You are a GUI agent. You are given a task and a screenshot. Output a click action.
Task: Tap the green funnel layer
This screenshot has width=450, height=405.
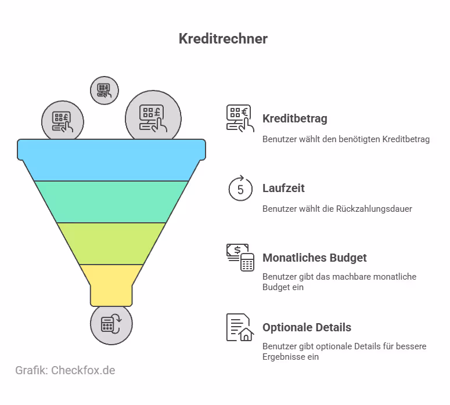click(x=111, y=201)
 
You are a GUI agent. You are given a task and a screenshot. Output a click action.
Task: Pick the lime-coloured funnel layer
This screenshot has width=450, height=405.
click(x=111, y=243)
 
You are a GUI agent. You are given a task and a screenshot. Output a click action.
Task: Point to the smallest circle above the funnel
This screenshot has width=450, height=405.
click(x=105, y=90)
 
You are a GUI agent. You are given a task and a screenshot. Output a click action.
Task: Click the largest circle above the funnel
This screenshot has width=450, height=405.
click(x=153, y=115)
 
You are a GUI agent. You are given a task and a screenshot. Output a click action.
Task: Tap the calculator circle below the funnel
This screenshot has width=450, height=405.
click(x=111, y=324)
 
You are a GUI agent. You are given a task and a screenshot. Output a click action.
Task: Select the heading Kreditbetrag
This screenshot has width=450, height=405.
click(x=294, y=119)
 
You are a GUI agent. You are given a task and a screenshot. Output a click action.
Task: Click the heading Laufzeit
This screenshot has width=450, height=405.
click(x=283, y=189)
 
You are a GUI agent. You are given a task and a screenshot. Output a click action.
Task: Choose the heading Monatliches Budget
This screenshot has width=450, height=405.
click(x=314, y=258)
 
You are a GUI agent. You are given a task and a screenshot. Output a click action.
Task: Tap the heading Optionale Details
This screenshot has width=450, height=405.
click(x=307, y=328)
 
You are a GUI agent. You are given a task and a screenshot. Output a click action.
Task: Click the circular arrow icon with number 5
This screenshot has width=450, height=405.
click(x=240, y=188)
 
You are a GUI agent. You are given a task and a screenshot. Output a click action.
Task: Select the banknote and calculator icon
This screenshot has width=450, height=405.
click(x=240, y=257)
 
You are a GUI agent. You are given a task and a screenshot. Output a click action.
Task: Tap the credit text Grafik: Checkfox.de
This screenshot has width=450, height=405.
click(x=65, y=370)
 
